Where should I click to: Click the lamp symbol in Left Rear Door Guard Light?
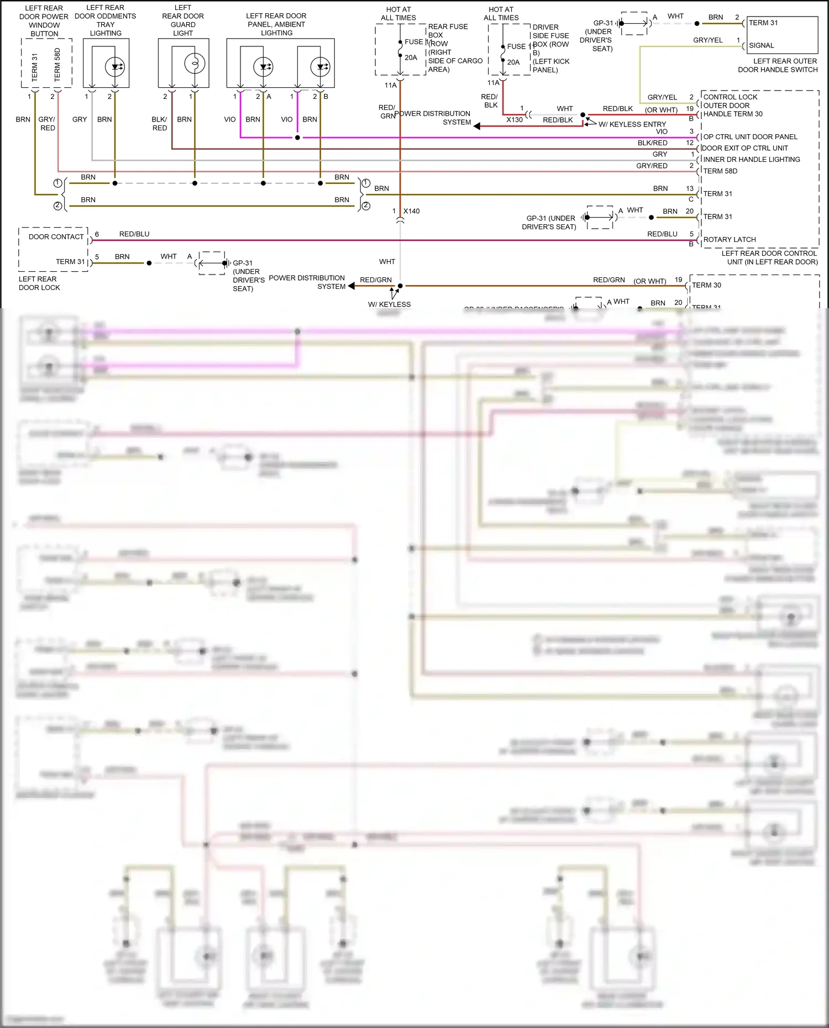coord(195,64)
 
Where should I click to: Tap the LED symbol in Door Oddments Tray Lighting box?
coord(115,67)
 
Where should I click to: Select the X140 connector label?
coord(411,211)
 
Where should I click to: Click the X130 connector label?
coord(515,119)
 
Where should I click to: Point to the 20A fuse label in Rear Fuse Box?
coord(411,57)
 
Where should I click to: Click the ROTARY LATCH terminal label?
coord(730,239)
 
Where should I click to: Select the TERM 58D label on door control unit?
coord(720,171)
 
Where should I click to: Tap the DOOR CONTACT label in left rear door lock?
coord(56,236)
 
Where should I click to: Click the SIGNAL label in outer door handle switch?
coord(762,45)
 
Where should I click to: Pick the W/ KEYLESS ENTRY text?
coord(632,124)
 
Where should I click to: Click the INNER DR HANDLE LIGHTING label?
coord(752,160)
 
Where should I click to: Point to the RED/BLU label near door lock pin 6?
coord(134,234)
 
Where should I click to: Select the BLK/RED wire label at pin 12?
coord(652,143)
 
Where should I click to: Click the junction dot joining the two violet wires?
coord(298,138)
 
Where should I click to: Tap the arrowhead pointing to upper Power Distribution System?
coord(477,126)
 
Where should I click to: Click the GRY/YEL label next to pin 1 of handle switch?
coord(708,40)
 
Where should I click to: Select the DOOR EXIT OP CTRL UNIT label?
coord(746,148)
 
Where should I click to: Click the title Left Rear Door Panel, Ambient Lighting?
coord(276,24)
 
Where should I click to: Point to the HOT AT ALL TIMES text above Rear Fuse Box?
coord(398,13)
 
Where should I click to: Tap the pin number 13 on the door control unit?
coord(690,188)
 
